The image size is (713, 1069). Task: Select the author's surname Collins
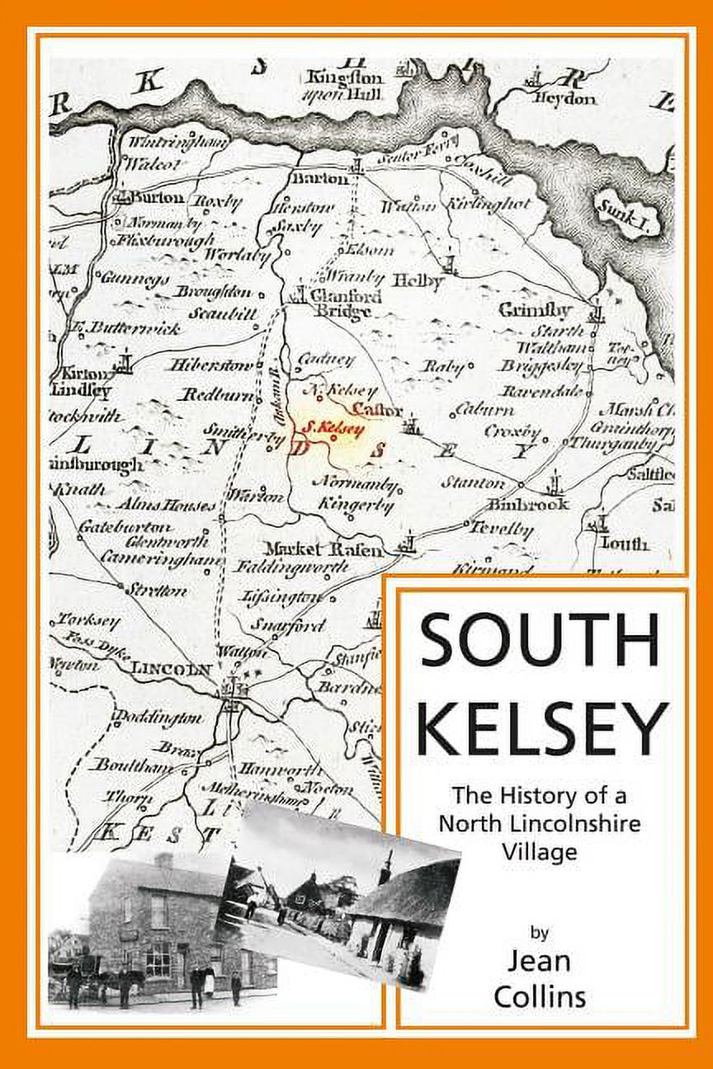[x=540, y=996]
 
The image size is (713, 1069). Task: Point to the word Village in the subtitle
[x=541, y=850]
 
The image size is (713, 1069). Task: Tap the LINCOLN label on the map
[x=172, y=669]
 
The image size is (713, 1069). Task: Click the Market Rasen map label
[x=323, y=549]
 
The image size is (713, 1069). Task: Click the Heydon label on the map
[x=565, y=98]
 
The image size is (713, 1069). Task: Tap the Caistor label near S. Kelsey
[x=376, y=410]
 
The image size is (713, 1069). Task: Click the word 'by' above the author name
[x=540, y=933]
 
